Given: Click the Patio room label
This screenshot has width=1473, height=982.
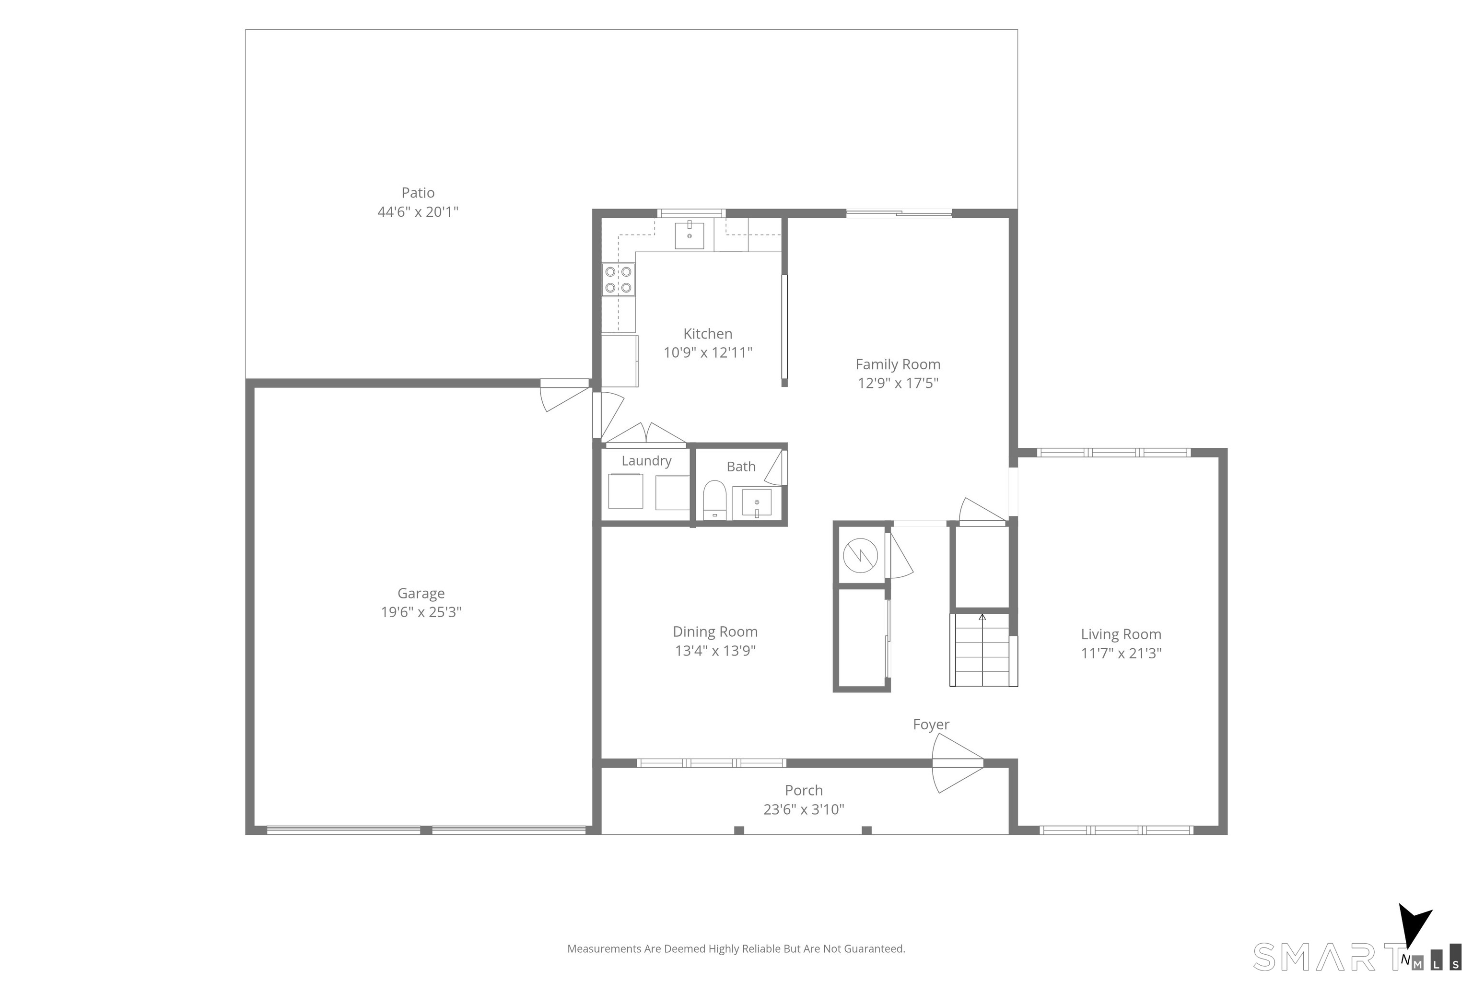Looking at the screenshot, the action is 418,193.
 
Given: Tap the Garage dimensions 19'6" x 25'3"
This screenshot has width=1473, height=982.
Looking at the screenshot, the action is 421,612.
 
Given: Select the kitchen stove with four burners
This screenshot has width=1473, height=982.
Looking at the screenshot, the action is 618,280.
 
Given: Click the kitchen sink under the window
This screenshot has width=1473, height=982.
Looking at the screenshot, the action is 689,235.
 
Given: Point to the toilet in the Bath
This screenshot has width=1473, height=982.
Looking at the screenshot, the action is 714,500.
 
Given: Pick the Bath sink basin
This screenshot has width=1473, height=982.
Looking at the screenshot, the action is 757,503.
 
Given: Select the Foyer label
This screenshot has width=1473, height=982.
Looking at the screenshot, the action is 931,725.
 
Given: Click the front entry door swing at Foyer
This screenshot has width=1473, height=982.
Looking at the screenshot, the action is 957,763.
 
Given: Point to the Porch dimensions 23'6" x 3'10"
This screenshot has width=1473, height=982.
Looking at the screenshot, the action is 804,810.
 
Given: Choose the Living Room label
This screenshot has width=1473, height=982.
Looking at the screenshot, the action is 1121,634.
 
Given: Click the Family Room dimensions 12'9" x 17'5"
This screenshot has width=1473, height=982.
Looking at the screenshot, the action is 898,383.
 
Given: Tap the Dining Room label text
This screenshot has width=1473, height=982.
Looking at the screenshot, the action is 715,632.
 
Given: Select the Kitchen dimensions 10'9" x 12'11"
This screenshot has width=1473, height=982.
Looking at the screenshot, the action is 708,352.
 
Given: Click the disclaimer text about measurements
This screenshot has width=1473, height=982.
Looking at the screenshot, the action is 736,949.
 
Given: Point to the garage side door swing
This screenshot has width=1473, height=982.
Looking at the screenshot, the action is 565,397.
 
